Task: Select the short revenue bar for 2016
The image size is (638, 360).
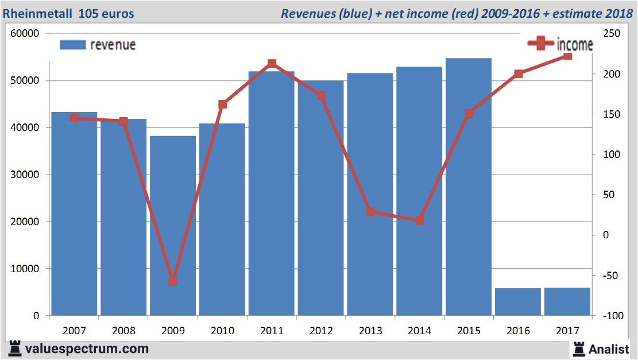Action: point(518,301)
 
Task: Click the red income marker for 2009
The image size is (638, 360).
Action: point(173,281)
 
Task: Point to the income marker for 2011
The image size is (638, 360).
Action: point(272,64)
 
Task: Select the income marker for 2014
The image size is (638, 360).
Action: point(420,220)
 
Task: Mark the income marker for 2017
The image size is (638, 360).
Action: point(567,56)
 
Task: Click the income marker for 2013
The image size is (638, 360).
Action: point(370,212)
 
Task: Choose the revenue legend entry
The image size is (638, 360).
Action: point(98,45)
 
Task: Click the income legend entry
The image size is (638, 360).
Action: point(560,44)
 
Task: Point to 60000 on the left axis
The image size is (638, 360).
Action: point(25,34)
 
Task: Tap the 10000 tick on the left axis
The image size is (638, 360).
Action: point(25,269)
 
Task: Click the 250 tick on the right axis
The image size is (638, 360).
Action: point(610,34)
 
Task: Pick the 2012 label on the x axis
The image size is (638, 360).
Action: point(321,331)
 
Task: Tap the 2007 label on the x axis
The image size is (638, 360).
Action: point(75,331)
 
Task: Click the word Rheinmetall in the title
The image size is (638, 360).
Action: point(35,13)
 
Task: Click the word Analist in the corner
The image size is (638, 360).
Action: point(609,349)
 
